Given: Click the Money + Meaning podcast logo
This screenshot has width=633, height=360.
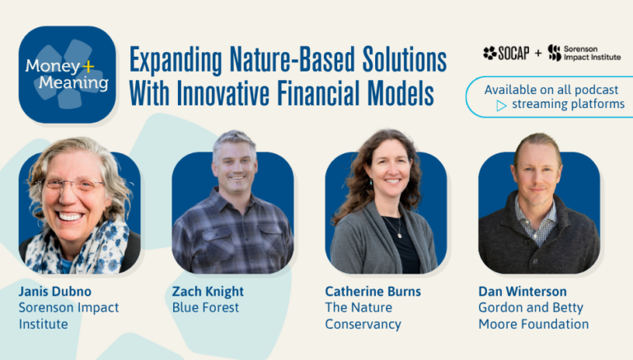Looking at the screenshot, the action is click(67, 75).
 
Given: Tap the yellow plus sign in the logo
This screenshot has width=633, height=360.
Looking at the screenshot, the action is click(87, 66).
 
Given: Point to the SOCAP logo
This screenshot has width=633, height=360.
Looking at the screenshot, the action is click(506, 53).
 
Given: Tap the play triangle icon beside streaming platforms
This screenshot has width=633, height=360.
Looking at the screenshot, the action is click(501, 105).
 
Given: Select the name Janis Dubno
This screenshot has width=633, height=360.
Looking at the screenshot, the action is click(55, 292).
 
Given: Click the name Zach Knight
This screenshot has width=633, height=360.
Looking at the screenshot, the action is click(208, 292).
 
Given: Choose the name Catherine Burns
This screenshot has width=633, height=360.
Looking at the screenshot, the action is click(373, 292).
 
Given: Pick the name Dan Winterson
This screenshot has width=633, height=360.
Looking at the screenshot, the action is click(523, 292).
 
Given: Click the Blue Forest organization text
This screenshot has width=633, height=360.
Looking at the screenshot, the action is click(205, 307).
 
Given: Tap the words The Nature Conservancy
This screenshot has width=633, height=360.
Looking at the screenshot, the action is click(363, 316).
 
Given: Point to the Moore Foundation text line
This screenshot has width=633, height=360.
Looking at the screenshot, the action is click(534, 324).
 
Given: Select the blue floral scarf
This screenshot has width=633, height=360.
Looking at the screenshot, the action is click(77, 247).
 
